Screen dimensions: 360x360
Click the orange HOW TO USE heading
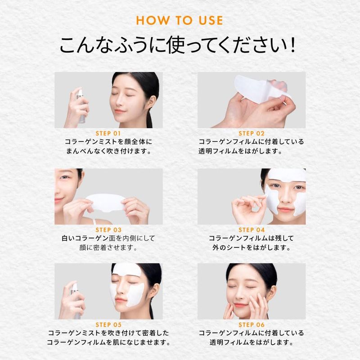click(x=180, y=20)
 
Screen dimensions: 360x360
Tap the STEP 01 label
click(x=108, y=133)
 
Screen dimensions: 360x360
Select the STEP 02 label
click(x=252, y=133)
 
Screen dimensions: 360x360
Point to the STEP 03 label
click(x=108, y=230)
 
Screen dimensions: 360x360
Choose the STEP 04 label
click(x=252, y=230)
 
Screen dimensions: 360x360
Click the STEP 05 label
click(x=108, y=325)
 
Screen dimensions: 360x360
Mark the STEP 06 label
click(x=252, y=325)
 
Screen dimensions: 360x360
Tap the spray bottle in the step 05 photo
click(x=76, y=301)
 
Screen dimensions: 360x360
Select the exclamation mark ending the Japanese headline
click(x=292, y=45)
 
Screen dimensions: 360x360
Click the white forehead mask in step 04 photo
click(x=287, y=175)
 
